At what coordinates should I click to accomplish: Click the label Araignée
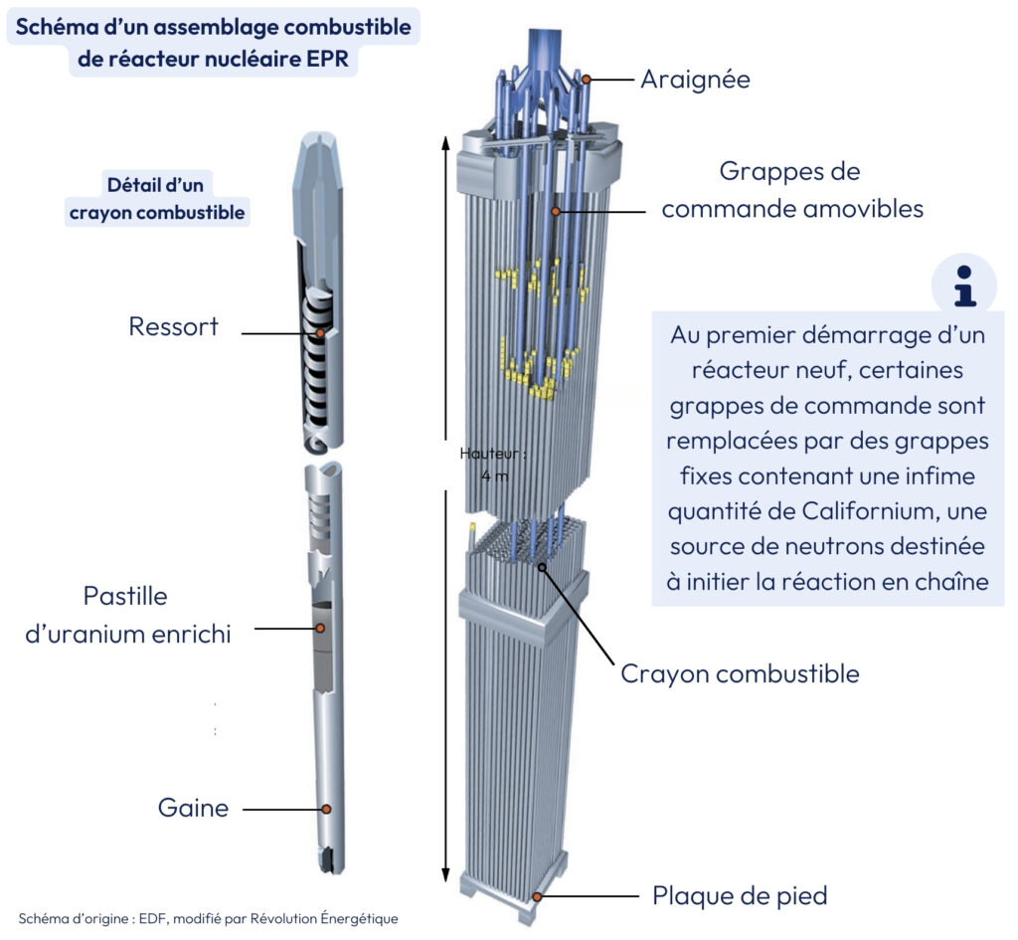point(694,79)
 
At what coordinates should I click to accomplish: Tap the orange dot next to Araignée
point(587,79)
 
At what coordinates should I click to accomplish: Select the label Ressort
point(173,326)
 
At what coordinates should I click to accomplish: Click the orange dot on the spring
point(320,332)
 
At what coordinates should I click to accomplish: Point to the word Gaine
point(193,808)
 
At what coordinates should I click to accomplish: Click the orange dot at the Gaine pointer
point(326,810)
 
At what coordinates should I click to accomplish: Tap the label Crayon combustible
point(740,673)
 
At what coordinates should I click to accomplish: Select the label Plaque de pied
point(740,895)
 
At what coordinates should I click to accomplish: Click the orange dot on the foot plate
point(537,896)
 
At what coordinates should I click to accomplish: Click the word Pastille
point(124,597)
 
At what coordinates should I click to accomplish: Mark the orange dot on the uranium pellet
point(320,628)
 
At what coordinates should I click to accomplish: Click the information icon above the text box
point(963,285)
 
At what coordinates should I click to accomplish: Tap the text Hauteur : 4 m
point(492,465)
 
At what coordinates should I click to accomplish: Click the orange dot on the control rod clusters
point(556,210)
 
